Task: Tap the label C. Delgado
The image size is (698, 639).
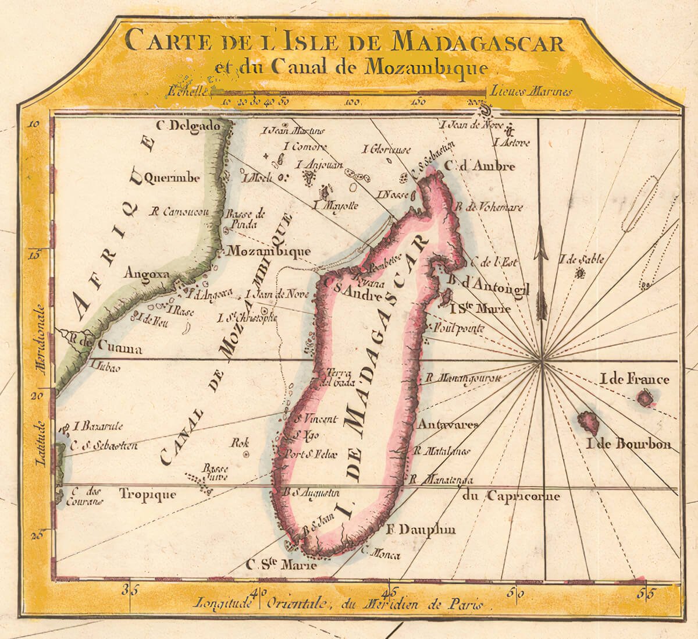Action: point(189,126)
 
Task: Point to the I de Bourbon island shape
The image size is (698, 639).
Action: point(589,421)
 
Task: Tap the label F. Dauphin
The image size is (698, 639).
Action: point(421,530)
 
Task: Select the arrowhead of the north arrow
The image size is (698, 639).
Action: point(542,244)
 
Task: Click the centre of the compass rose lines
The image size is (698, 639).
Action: point(542,362)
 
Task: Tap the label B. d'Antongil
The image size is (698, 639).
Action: point(487,285)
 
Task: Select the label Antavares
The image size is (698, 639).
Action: point(447,424)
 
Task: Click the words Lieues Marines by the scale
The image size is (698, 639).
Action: point(530,91)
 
